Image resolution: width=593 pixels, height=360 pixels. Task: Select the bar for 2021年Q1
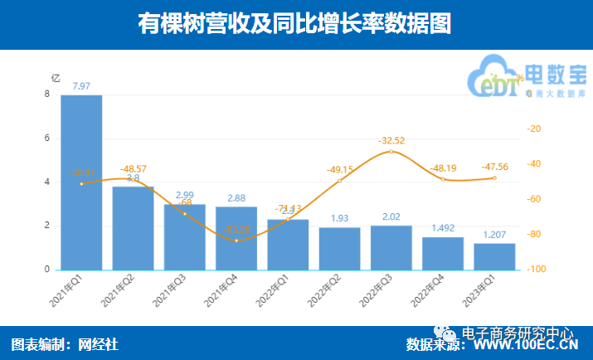pyautogui.click(x=81, y=182)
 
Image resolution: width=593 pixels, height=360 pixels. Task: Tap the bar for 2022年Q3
pyautogui.click(x=391, y=248)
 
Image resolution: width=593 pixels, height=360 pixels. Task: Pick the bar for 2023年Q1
pyautogui.click(x=494, y=256)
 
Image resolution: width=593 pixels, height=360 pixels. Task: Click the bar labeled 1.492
pyautogui.click(x=443, y=254)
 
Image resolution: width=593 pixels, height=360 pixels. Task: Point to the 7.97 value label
pyautogui.click(x=81, y=86)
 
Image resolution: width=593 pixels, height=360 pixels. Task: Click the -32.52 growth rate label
pyautogui.click(x=391, y=140)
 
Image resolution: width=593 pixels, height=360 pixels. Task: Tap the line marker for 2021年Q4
pyautogui.click(x=236, y=241)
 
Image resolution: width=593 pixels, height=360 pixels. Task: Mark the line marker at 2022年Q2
pyautogui.click(x=339, y=180)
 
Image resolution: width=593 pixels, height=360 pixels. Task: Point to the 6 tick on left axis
pyautogui.click(x=46, y=139)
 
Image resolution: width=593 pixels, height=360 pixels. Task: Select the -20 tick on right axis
pyautogui.click(x=534, y=129)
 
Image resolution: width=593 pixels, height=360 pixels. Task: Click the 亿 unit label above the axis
pyautogui.click(x=56, y=77)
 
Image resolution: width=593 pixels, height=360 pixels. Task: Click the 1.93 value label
pyautogui.click(x=339, y=218)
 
